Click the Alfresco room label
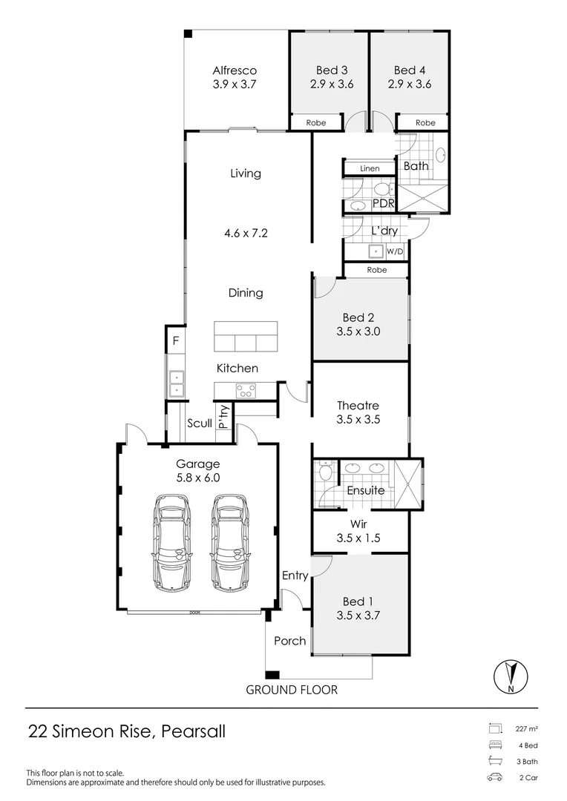click(235, 70)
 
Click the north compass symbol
click(511, 676)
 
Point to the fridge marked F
click(175, 341)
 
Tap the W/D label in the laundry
click(395, 252)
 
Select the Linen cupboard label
click(370, 169)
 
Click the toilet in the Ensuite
click(324, 472)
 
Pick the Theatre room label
click(358, 406)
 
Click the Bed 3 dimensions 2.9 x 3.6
click(332, 84)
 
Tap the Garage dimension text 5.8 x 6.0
click(197, 478)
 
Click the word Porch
click(289, 640)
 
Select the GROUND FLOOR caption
click(292, 690)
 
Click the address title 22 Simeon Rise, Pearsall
click(126, 731)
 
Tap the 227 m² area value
click(527, 728)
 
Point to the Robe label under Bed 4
click(425, 122)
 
